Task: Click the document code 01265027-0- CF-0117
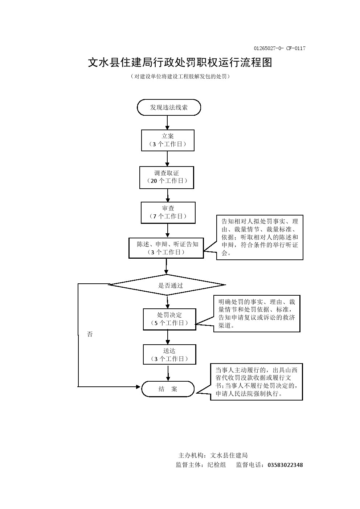[279, 48]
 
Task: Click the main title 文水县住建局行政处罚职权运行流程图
[180, 62]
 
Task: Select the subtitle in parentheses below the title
[180, 77]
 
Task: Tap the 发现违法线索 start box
[169, 107]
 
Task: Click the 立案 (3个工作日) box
[168, 140]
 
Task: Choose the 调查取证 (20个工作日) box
[167, 177]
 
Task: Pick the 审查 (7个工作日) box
[168, 213]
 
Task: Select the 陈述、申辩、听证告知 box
[166, 248]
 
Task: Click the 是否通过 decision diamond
[167, 285]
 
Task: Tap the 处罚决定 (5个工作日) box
[169, 319]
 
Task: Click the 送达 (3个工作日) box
[169, 354]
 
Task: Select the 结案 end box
[168, 389]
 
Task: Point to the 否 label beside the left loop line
[90, 334]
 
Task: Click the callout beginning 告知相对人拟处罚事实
[259, 237]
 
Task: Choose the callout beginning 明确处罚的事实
[257, 313]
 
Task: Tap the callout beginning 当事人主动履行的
[256, 382]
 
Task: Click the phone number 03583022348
[285, 465]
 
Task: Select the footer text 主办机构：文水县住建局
[213, 455]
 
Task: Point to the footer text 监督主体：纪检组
[201, 465]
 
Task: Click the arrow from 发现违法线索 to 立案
[167, 123]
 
